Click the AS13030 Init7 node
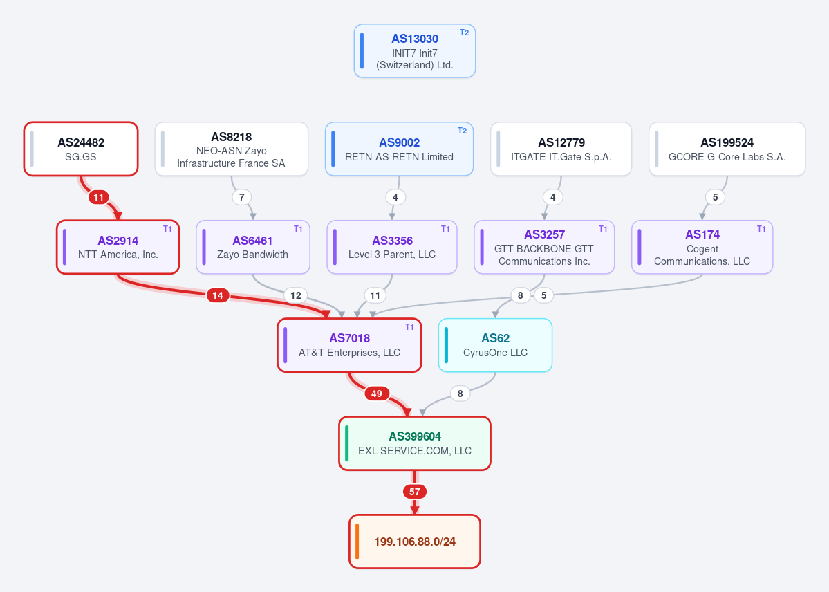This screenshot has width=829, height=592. click(x=415, y=50)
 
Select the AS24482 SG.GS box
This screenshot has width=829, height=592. click(x=81, y=149)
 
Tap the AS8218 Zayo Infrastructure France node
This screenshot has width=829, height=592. click(x=232, y=149)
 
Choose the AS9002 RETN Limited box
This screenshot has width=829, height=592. click(x=399, y=149)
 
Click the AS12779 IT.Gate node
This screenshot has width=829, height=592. click(x=561, y=149)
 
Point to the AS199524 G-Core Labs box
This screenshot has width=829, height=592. click(x=727, y=149)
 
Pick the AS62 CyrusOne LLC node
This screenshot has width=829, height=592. click(x=495, y=345)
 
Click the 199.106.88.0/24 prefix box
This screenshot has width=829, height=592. click(x=415, y=542)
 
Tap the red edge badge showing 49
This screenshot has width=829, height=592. click(x=376, y=394)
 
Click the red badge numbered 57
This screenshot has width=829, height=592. click(x=415, y=492)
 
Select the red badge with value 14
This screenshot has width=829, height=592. click(x=218, y=295)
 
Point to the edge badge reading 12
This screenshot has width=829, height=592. click(x=295, y=295)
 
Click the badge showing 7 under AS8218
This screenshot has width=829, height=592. click(x=241, y=197)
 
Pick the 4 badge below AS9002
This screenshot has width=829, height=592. click(x=395, y=197)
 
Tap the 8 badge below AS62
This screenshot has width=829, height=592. click(x=460, y=394)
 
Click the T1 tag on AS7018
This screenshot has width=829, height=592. click(x=409, y=327)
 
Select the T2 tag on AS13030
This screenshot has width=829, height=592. click(x=464, y=33)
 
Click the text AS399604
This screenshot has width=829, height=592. click(x=415, y=436)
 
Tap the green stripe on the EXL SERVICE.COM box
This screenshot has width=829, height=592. click(x=347, y=443)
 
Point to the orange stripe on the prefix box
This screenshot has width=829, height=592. click(x=357, y=542)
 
